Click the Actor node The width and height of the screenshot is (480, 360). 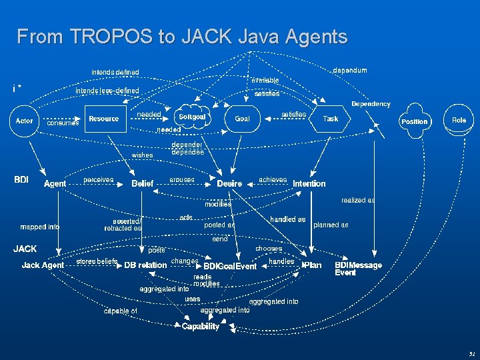24,121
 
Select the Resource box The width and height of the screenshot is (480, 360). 104,119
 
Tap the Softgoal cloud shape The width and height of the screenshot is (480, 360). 192,117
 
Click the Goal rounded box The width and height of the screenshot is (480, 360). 242,119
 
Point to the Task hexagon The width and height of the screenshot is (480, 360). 330,119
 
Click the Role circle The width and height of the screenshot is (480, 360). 459,120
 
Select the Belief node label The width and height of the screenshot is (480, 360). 143,183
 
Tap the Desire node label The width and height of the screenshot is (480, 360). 229,183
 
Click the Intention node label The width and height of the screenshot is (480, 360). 309,183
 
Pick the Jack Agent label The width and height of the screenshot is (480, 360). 43,265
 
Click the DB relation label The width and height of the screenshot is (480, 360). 145,265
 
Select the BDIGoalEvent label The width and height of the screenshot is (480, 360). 230,267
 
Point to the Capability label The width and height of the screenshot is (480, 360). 201,327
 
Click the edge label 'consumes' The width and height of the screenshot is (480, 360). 63,123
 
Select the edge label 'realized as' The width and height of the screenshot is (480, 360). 358,200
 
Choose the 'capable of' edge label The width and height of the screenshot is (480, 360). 120,311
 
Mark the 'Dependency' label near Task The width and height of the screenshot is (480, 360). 371,104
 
